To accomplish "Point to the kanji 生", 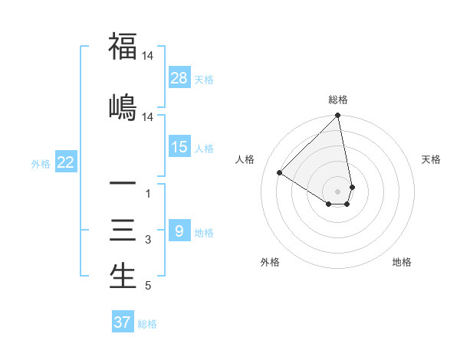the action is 123,276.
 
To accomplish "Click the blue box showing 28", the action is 179,78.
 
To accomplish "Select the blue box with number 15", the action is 179,148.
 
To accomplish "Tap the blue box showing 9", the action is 179,231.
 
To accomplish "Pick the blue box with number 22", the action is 66,162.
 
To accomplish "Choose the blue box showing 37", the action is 123,322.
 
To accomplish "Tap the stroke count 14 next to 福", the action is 147,55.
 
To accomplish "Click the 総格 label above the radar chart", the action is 338,100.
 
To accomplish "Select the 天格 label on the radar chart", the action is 432,159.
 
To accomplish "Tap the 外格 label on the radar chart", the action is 270,262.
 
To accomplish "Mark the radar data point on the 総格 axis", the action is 338,116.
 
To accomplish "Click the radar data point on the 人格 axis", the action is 279,172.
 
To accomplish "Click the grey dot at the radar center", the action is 338,191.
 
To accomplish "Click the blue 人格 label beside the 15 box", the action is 204,149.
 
